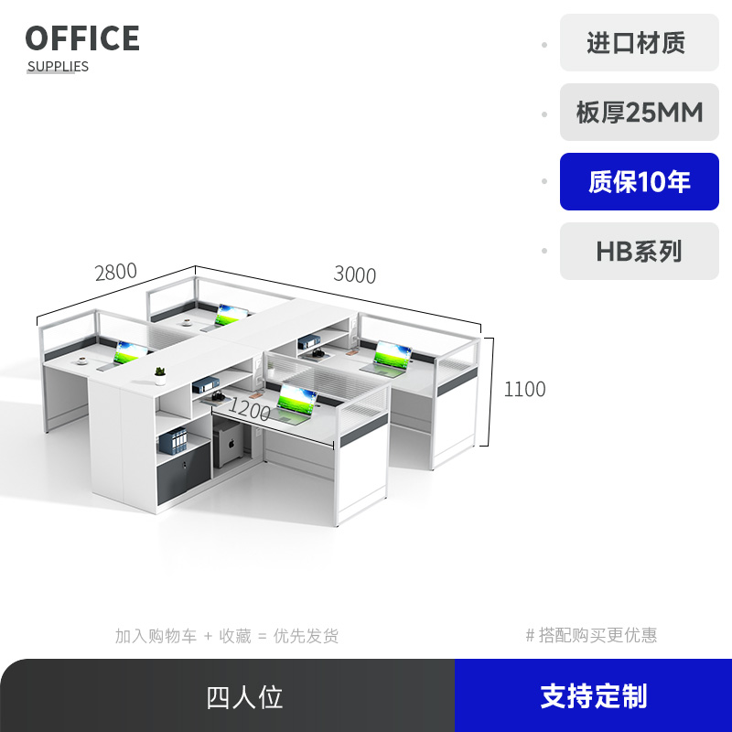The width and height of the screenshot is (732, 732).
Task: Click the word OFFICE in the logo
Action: [82, 38]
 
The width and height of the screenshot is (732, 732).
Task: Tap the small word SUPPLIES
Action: [58, 66]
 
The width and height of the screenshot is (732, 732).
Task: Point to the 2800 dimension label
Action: [115, 272]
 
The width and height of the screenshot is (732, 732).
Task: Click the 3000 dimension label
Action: [354, 274]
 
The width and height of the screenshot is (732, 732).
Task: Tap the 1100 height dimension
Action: [524, 389]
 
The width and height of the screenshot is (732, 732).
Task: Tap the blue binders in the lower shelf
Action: [173, 442]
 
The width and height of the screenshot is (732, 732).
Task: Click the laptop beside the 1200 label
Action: [295, 403]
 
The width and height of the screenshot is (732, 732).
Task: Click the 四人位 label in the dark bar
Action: [244, 697]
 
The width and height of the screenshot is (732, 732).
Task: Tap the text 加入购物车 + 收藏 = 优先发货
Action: [226, 636]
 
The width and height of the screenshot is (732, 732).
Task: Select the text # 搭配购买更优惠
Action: [591, 635]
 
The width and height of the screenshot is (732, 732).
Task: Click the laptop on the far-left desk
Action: [129, 352]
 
